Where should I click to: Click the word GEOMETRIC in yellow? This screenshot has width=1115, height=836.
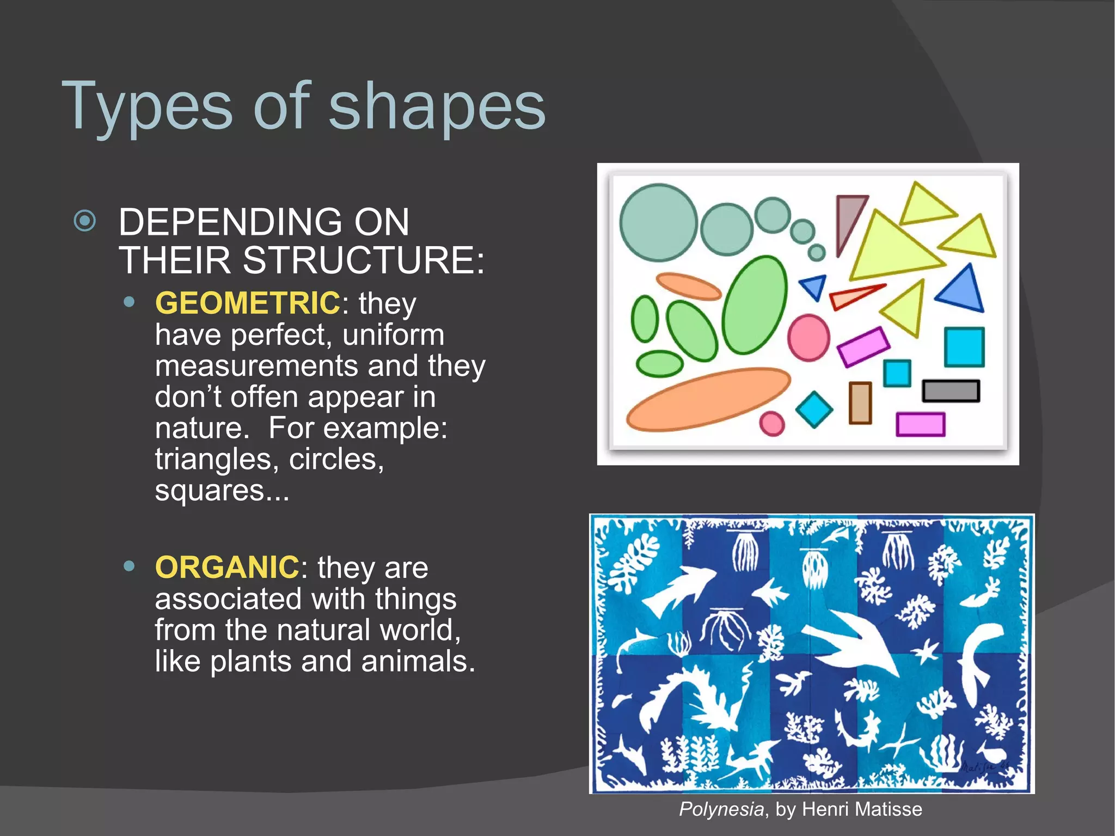tap(247, 303)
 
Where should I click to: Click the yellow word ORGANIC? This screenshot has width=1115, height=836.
tap(226, 567)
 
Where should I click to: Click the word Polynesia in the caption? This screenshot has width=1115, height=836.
tap(721, 809)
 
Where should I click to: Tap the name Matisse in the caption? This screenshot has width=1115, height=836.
tap(889, 809)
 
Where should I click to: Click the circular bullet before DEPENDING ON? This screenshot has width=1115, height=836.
tap(85, 221)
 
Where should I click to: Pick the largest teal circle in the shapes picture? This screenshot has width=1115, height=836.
tap(658, 222)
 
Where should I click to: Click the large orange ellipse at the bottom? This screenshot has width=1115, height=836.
tap(708, 399)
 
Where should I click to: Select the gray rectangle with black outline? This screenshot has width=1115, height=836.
tap(951, 391)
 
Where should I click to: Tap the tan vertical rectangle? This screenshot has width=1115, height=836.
tap(860, 403)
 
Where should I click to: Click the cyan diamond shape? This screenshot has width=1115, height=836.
tap(814, 410)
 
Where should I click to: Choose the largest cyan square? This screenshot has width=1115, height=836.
tap(964, 347)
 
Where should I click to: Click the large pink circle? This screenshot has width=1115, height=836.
tap(808, 338)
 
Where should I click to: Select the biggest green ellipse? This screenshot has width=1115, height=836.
tap(755, 305)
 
